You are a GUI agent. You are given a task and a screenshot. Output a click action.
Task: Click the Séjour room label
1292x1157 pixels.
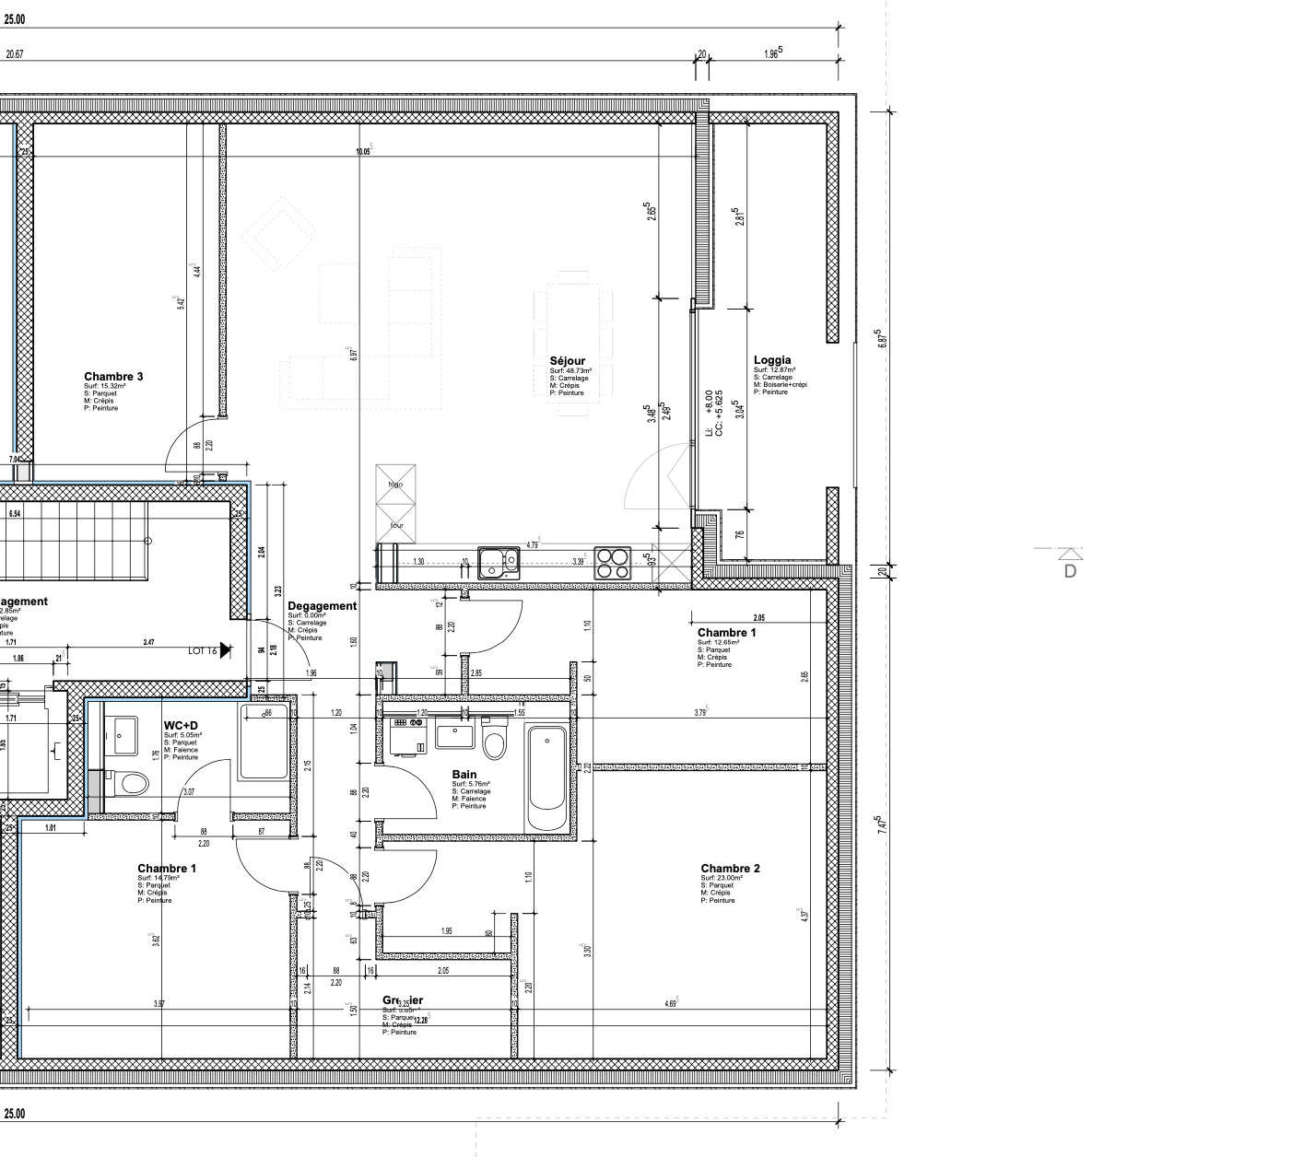[567, 361]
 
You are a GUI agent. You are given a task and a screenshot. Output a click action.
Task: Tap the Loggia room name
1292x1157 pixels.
[772, 360]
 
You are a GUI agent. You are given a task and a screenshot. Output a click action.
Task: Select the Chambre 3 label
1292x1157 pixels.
[113, 377]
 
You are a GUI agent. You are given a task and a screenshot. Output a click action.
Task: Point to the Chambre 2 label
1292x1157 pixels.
[730, 869]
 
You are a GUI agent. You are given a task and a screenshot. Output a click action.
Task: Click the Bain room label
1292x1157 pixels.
[464, 775]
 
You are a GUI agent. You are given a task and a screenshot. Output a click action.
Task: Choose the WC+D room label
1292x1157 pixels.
[181, 726]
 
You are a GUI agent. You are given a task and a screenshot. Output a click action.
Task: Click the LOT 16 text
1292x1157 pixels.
[202, 650]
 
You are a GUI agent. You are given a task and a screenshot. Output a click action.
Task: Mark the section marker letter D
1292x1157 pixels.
[1070, 571]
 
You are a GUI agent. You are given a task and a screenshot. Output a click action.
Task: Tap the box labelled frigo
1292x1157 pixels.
[395, 485]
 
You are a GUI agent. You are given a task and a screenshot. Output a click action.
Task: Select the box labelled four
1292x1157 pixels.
[396, 525]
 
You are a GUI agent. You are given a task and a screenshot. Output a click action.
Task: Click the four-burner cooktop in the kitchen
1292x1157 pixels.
[612, 562]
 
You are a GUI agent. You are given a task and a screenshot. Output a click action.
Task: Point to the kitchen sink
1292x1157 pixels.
[498, 562]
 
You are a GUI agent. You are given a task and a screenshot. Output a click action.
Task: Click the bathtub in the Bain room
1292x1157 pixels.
[546, 779]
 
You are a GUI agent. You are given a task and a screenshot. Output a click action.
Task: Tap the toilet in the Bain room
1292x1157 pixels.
[495, 743]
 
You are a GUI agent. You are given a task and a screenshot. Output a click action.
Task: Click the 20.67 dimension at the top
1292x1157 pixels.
[14, 54]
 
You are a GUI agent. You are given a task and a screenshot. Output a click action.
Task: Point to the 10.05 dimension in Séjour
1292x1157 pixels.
[363, 152]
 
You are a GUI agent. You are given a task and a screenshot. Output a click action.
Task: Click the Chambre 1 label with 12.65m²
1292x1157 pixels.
[726, 633]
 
